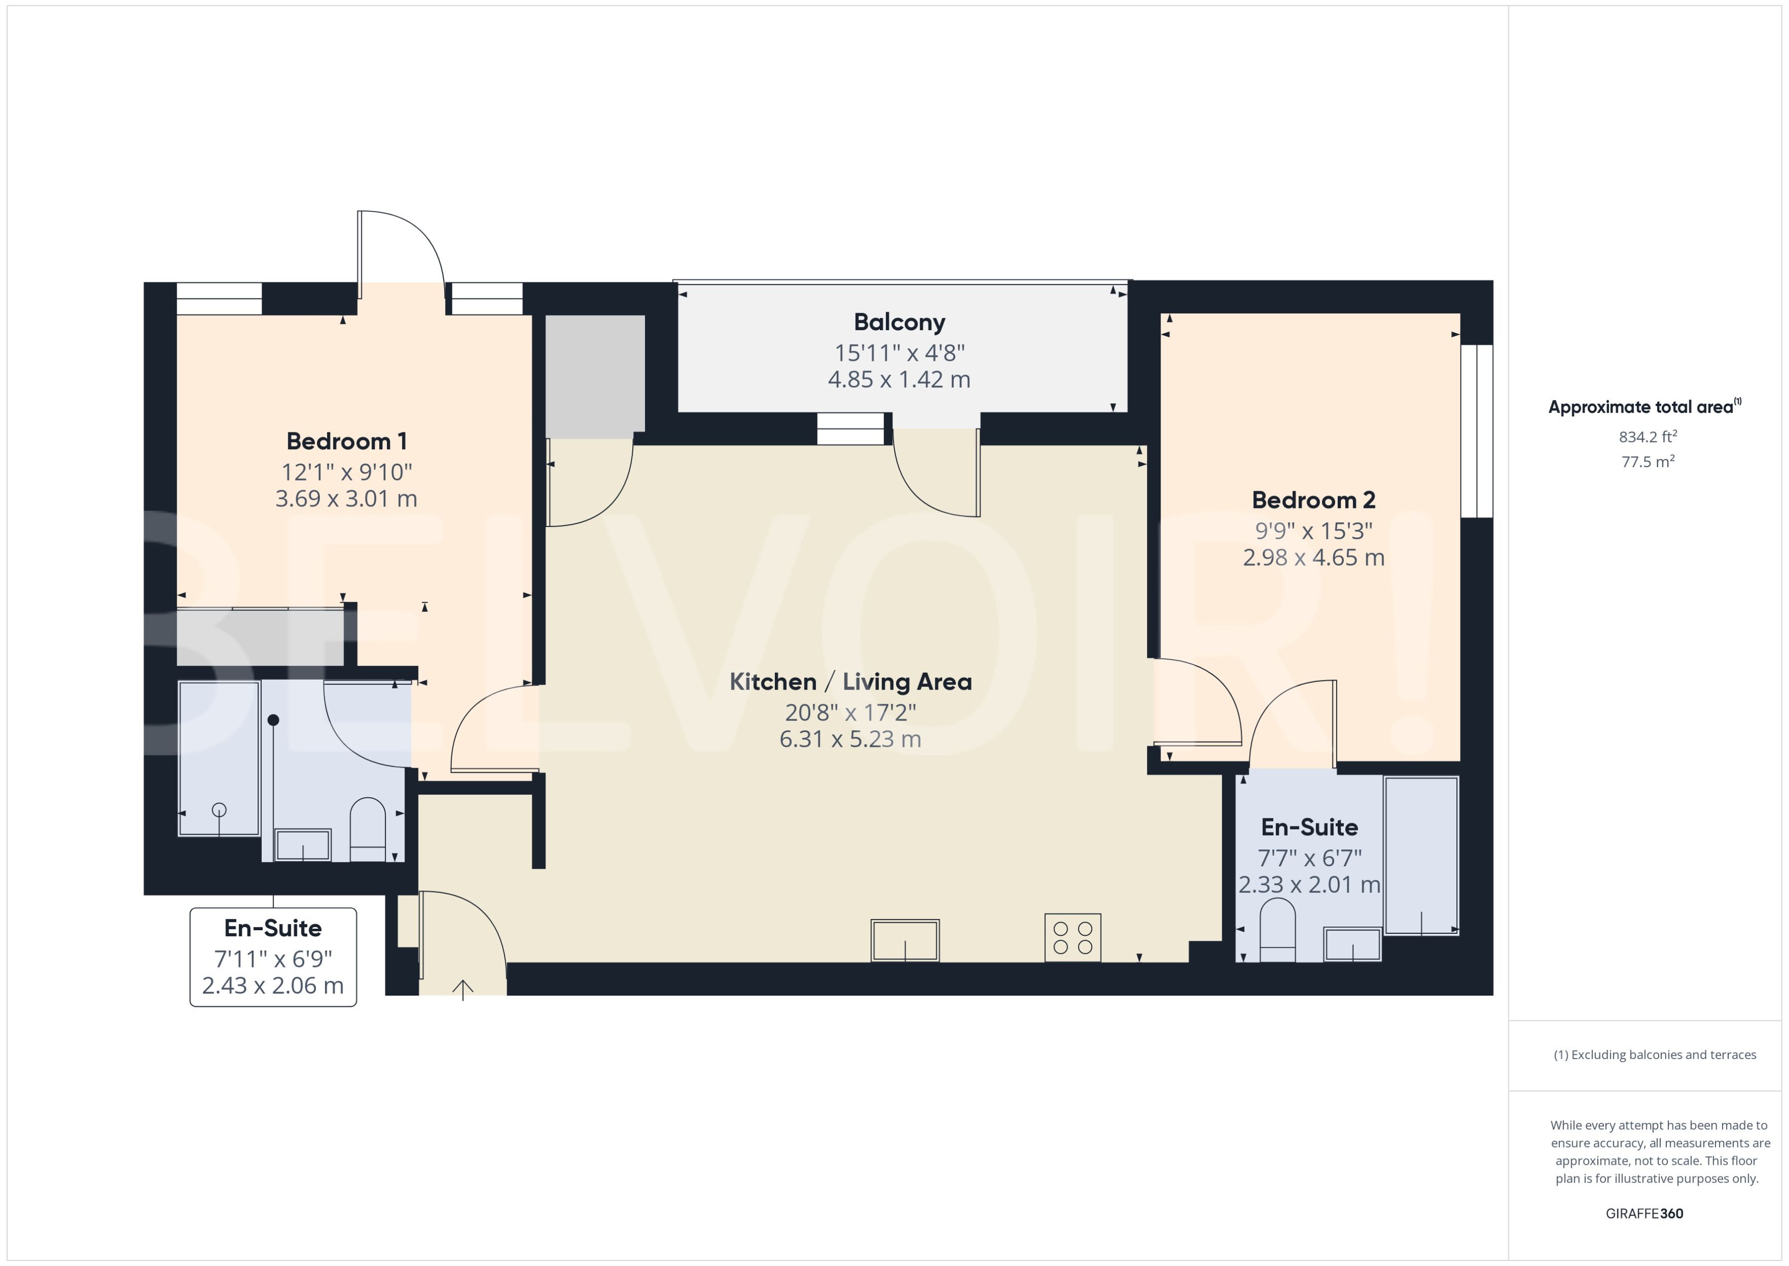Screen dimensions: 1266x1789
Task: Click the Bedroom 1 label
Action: (x=346, y=441)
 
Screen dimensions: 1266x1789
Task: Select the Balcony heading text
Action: (x=899, y=322)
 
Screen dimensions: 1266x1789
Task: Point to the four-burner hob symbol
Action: (x=1072, y=938)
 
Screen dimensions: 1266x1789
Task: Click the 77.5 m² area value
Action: (x=1647, y=462)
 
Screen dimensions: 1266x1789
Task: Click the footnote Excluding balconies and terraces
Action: (x=1654, y=1055)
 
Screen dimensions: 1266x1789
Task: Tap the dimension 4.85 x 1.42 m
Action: (x=899, y=380)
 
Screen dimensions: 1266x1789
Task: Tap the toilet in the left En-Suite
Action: (x=367, y=828)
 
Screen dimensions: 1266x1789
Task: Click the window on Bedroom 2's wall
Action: (x=1476, y=431)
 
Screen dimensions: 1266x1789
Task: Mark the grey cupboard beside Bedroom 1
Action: (x=595, y=376)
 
